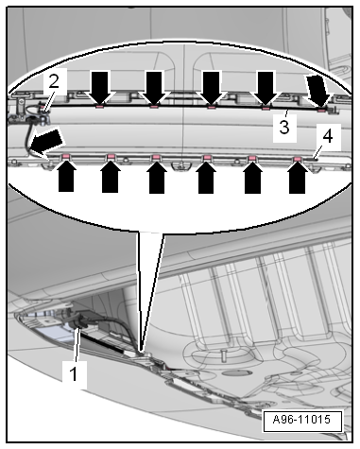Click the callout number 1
coord(75,374)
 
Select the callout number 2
coord(54,81)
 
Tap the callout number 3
coord(284,128)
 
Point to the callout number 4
coord(328,137)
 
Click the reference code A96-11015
coord(301,420)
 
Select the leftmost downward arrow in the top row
coord(99,88)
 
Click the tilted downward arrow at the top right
coord(318,90)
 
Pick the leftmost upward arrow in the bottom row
coord(66,176)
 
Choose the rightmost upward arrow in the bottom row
coord(298,178)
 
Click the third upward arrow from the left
coord(157,177)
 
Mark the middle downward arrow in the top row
coord(211,88)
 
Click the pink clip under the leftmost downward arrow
coord(99,107)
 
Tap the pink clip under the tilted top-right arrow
coord(321,110)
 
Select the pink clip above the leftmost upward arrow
coord(66,156)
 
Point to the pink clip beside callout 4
coord(297,159)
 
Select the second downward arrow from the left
coord(154,88)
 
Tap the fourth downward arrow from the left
coord(266,88)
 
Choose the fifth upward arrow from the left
coord(253,178)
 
